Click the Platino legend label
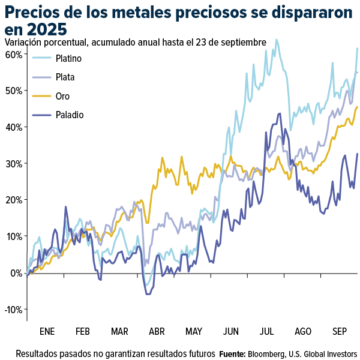68,59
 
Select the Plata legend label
65,77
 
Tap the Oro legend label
62,95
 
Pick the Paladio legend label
69,114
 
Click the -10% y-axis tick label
13,310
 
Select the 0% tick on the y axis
16,273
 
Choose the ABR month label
157,331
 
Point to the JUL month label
268,331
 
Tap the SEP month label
341,331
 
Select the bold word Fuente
232,353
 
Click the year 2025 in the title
42,29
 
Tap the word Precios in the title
34,11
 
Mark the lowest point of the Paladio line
148,294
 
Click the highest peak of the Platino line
277,40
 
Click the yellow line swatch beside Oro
41,95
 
